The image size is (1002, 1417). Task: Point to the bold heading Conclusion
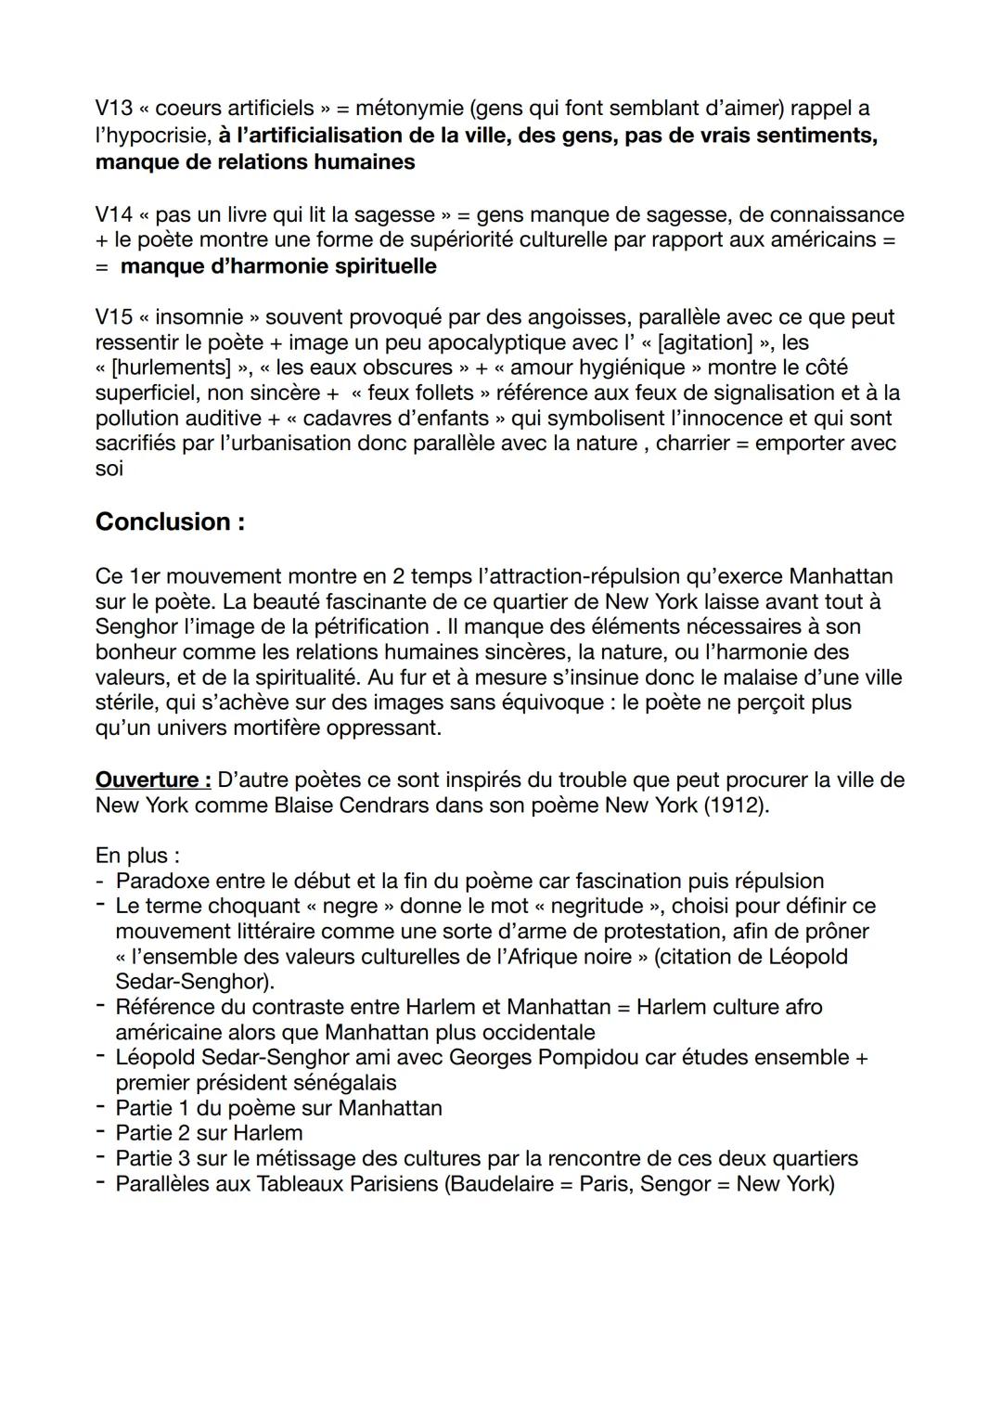[170, 522]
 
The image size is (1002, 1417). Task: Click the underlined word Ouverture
[152, 779]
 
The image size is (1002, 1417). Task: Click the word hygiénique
[631, 367]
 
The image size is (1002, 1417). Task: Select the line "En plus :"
[137, 855]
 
